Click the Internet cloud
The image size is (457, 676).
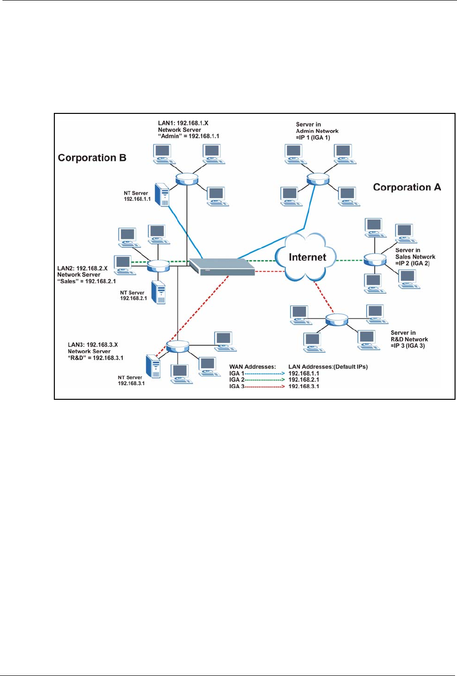307,257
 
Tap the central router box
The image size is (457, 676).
222,267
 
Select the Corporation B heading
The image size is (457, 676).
92,157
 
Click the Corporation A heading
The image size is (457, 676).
407,187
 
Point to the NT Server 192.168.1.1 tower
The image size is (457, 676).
162,194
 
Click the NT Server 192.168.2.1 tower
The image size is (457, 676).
159,292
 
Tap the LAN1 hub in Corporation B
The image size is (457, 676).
187,179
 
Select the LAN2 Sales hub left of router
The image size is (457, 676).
158,265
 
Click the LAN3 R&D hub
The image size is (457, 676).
177,346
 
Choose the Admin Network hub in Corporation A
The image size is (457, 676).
318,179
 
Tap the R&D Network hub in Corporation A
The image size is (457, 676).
337,319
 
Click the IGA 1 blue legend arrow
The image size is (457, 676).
264,374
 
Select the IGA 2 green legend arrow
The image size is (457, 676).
264,380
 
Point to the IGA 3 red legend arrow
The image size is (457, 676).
264,386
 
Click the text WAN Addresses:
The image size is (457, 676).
252,367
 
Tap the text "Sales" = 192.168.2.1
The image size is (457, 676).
86,281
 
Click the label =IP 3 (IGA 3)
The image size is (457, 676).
408,346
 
